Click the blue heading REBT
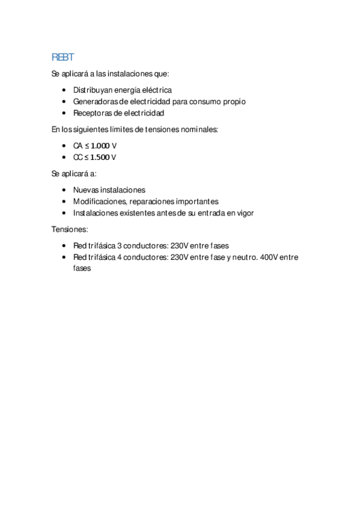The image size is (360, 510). (63, 57)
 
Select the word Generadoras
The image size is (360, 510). (96, 101)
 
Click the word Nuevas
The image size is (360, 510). (85, 190)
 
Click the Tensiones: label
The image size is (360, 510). (70, 230)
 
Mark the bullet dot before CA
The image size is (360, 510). (65, 146)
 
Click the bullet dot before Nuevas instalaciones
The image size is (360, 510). (65, 190)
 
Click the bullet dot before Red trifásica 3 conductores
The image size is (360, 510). (65, 246)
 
